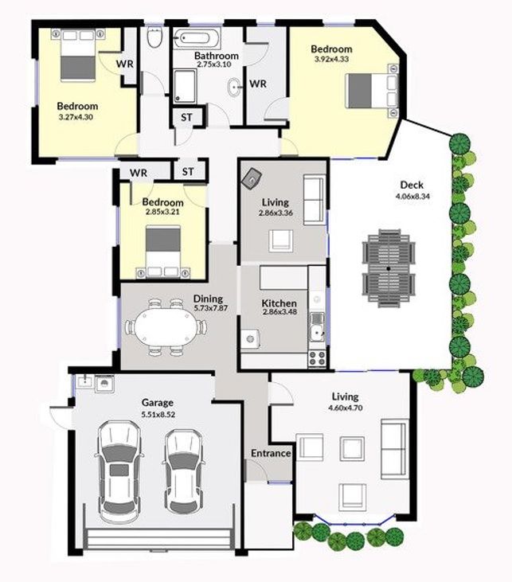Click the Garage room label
coord(158,402)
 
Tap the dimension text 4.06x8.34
coord(412,197)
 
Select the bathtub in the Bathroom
coord(197,38)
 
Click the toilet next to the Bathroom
coord(154,37)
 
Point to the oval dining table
coord(166,327)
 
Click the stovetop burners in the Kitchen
coord(317,357)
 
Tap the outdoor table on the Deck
coord(389,268)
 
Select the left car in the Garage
coord(119,471)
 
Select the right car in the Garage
coord(184,471)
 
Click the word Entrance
coord(271,453)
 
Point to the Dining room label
coord(208,299)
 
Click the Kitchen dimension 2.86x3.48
coord(279,312)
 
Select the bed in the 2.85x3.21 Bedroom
coord(163,252)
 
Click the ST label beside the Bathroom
coord(186,117)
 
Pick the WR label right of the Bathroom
coord(258,84)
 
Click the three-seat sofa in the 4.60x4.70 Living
coord(395,449)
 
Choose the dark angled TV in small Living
coord(252,178)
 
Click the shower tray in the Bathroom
coord(185,86)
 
